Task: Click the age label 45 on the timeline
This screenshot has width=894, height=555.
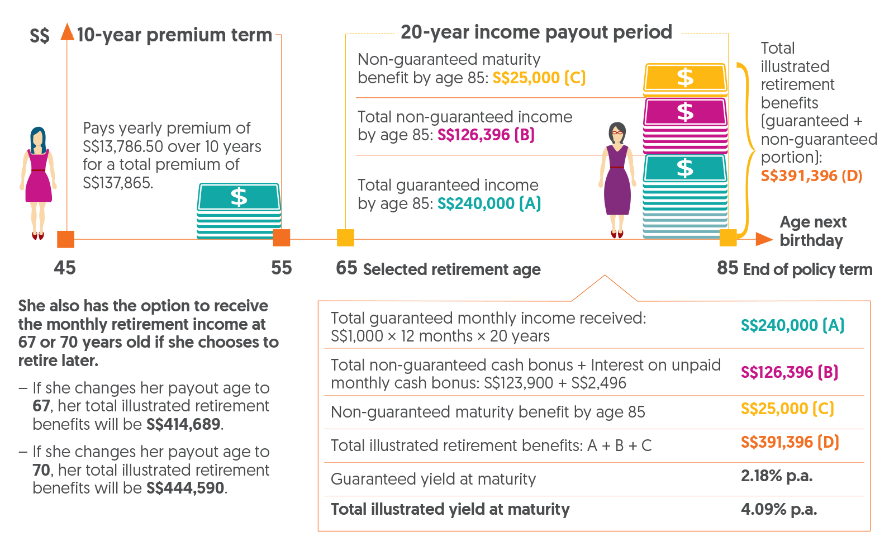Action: pos(65,268)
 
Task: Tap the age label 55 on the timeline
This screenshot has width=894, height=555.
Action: pos(282,268)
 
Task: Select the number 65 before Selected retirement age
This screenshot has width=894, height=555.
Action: pos(346,268)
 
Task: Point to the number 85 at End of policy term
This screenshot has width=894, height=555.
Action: pos(727,268)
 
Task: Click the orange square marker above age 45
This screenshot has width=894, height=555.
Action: pos(65,239)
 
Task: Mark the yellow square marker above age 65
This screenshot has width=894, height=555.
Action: pos(345,238)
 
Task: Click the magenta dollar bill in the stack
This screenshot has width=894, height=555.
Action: pos(685,112)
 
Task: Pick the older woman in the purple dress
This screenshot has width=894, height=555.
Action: pos(617,179)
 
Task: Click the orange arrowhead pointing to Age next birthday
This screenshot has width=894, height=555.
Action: pos(764,239)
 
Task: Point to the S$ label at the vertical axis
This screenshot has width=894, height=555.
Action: pos(40,36)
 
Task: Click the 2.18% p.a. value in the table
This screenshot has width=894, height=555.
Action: pos(776,476)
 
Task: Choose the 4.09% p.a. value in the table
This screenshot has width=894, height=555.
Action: pos(778,509)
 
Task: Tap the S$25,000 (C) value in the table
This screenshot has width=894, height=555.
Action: pos(787,409)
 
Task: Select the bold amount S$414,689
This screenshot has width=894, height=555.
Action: pos(183,424)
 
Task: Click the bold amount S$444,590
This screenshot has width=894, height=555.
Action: pos(186,488)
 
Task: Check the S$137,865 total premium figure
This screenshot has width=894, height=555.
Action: pos(117,183)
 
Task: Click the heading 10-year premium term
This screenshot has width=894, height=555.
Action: pos(174,35)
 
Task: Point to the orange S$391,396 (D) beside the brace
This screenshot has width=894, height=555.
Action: pos(811,175)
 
